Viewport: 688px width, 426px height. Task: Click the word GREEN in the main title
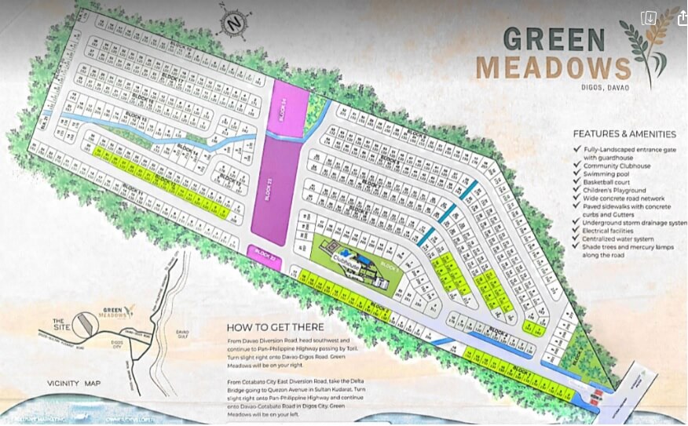point(554,38)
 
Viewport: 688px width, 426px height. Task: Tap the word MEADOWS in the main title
point(553,67)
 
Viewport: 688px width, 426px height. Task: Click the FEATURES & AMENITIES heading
point(624,134)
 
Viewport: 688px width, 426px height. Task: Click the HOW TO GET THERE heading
point(274,327)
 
